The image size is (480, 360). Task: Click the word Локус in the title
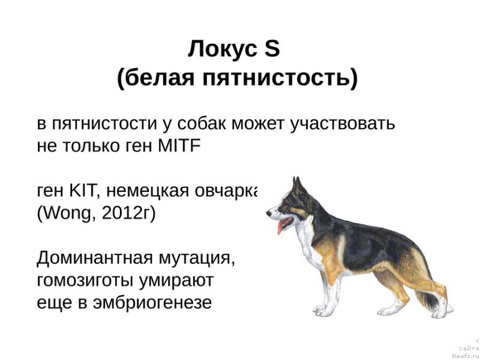pos(223,49)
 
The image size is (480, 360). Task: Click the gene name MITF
pos(179,146)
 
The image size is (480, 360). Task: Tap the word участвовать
pos(343,124)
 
